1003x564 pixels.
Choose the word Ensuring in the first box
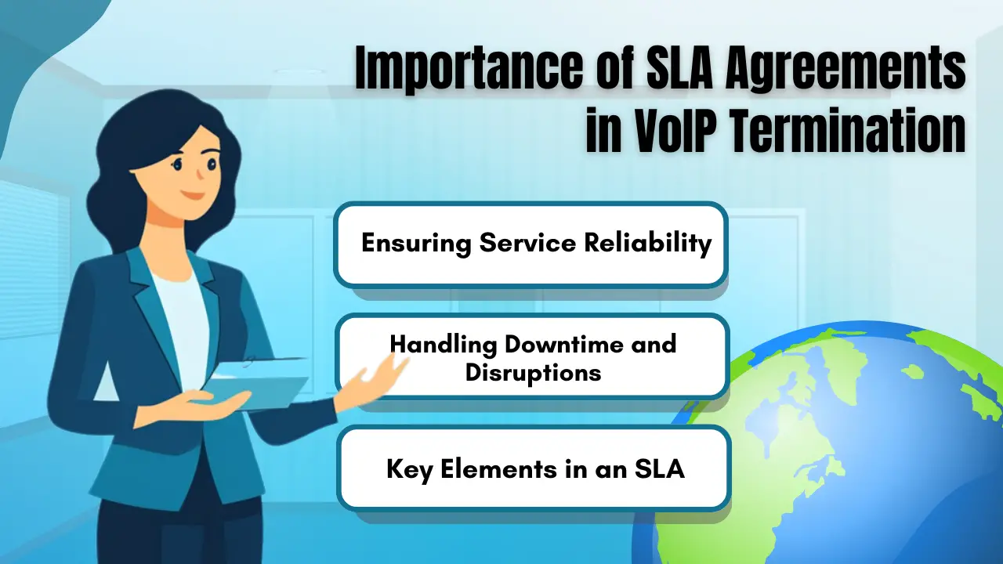(x=416, y=244)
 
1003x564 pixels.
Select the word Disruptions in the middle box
(x=533, y=373)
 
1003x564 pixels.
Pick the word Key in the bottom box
(x=409, y=470)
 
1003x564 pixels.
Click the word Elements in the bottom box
(x=499, y=469)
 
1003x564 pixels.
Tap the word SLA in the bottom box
(x=660, y=469)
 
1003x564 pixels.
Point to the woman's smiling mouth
(x=194, y=196)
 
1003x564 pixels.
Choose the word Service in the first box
(x=527, y=243)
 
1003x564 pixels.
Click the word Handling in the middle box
(x=444, y=345)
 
